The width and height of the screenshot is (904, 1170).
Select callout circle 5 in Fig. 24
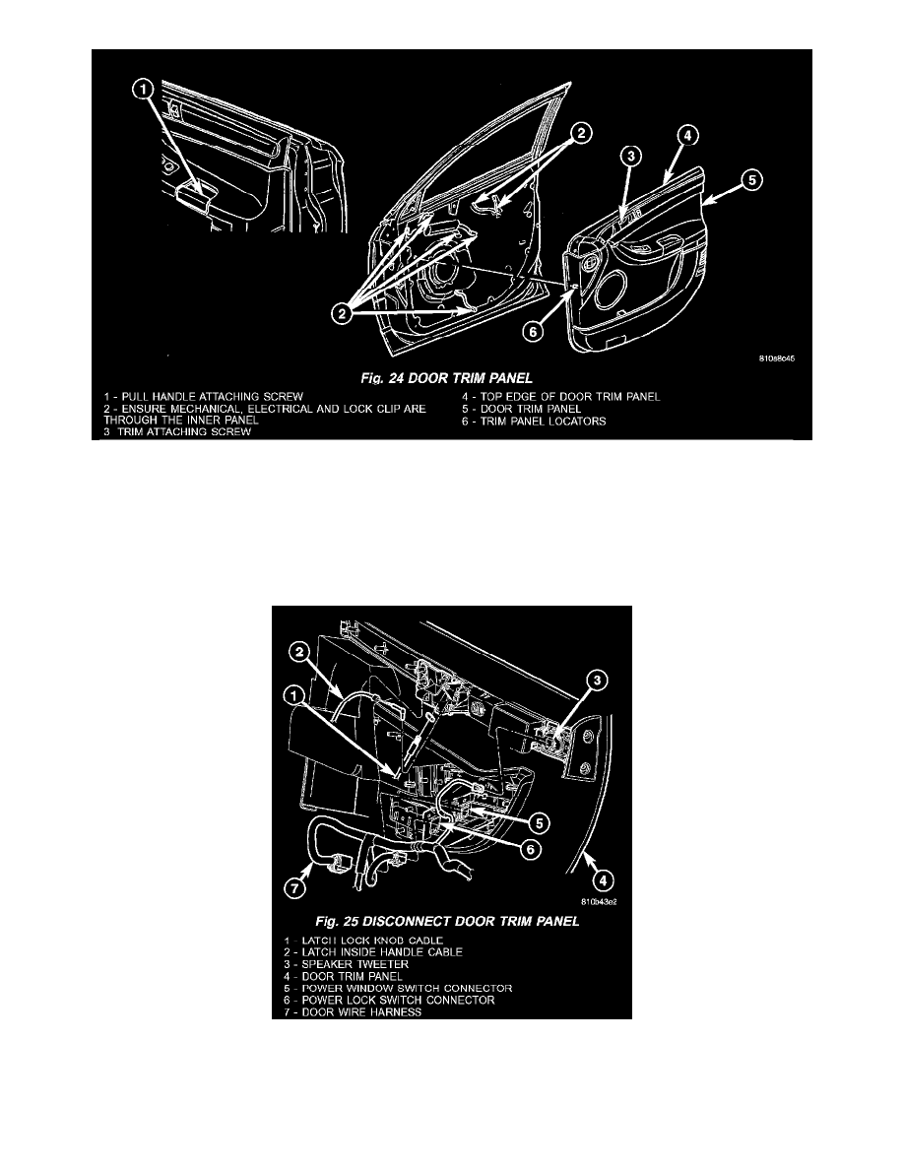tap(750, 180)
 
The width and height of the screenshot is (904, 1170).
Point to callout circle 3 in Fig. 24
tap(631, 156)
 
